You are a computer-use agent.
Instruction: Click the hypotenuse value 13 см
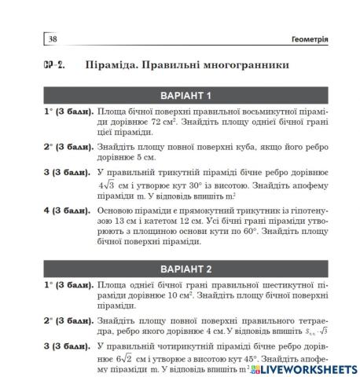click(x=123, y=221)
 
